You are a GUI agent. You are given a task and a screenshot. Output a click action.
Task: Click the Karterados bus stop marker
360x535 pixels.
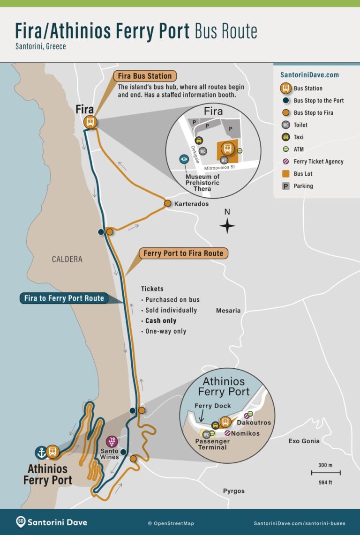pyautogui.click(x=167, y=203)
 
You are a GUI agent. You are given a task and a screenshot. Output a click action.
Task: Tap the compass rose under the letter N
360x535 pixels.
pyautogui.click(x=227, y=226)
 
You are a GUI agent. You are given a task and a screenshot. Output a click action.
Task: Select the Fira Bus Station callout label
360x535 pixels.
pyautogui.click(x=145, y=76)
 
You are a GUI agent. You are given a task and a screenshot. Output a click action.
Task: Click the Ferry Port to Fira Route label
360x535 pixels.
pyautogui.click(x=184, y=253)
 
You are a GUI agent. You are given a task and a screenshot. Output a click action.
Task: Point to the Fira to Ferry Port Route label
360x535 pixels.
pyautogui.click(x=64, y=298)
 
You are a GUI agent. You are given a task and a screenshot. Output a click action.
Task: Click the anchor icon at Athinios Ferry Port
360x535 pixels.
pyautogui.click(x=41, y=452)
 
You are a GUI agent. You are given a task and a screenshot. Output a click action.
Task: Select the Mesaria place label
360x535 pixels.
pyautogui.click(x=228, y=311)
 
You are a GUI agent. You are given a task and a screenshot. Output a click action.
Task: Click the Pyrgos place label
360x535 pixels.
pyautogui.click(x=233, y=491)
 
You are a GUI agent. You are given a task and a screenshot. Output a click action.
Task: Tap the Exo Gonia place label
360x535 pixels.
pyautogui.click(x=304, y=441)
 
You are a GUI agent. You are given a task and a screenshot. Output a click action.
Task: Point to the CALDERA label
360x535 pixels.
pyautogui.click(x=67, y=259)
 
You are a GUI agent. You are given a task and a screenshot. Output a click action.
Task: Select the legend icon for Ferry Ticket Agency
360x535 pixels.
pyautogui.click(x=285, y=162)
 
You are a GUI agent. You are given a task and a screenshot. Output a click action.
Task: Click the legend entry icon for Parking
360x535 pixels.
pyautogui.click(x=285, y=186)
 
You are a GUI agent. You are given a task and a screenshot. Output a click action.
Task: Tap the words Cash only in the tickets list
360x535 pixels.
pyautogui.click(x=161, y=321)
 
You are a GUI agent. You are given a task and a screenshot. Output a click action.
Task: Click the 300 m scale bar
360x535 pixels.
pyautogui.click(x=326, y=473)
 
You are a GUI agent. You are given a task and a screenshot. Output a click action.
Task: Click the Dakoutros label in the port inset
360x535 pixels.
pyautogui.click(x=254, y=423)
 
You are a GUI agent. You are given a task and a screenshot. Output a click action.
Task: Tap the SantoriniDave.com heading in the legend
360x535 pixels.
pyautogui.click(x=309, y=75)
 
